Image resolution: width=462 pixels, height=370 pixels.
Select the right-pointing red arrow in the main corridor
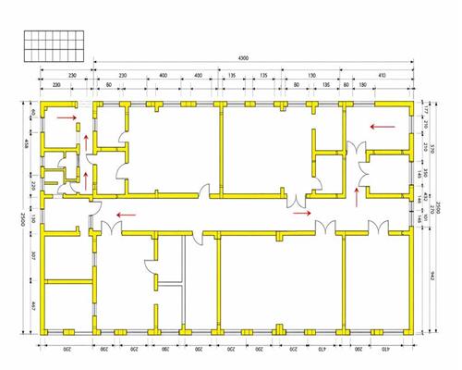(x=302, y=212)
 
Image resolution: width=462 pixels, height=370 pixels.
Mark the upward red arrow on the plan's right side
(x=357, y=194)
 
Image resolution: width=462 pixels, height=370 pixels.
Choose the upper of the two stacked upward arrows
(x=86, y=141)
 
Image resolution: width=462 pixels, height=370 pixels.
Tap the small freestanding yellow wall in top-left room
(x=79, y=126)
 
